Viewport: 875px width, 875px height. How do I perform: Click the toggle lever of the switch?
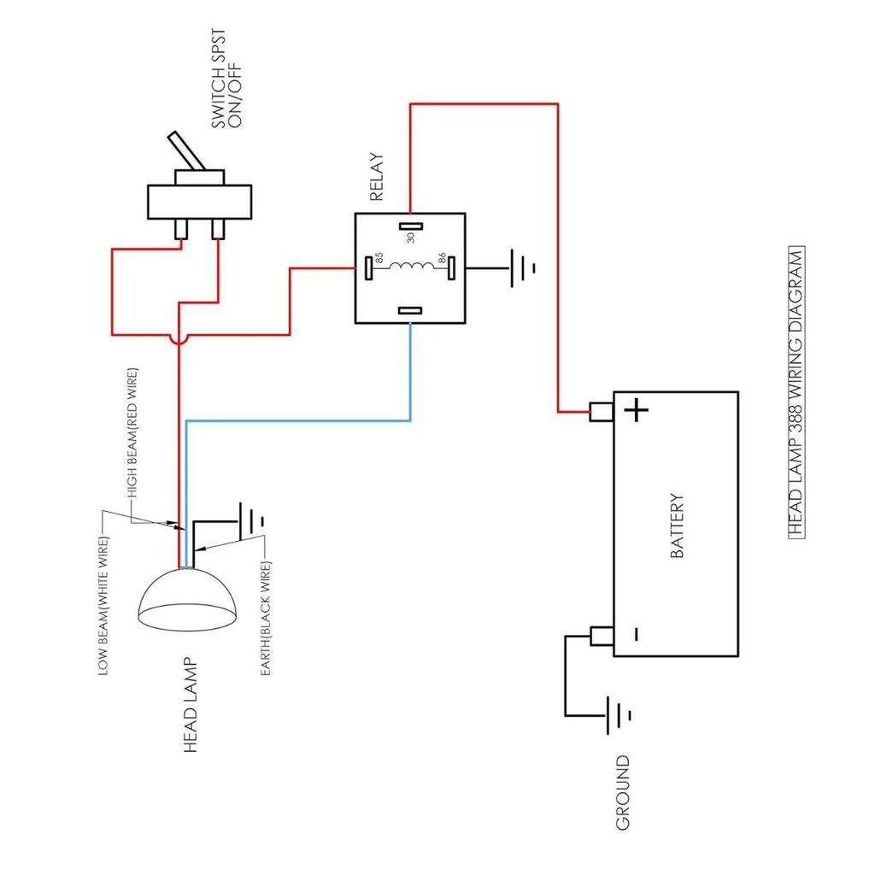pos(186,150)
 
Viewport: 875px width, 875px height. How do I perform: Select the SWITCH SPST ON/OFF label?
pos(226,79)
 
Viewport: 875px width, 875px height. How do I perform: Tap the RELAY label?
pos(377,177)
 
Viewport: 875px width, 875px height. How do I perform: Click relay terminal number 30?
pos(411,226)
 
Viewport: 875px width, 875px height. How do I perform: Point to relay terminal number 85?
pos(368,267)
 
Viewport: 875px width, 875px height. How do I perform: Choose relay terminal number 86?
pos(451,267)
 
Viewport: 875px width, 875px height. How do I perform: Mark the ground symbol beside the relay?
pos(523,268)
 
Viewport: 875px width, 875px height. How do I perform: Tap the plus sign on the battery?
pos(636,411)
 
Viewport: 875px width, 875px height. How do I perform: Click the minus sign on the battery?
pos(636,634)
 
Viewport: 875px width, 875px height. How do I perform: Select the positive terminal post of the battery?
pos(602,412)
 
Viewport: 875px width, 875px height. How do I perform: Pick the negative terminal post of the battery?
pos(602,636)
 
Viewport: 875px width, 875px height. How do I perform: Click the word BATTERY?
pos(677,526)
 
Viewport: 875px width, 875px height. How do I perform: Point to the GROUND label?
pos(623,792)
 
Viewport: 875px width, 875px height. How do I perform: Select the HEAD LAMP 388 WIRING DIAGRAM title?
pos(797,392)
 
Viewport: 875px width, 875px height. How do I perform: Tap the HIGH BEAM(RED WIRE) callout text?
pos(132,433)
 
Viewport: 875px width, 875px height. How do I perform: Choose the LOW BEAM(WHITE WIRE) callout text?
pos(103,606)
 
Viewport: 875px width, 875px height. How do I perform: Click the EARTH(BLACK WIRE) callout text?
pos(266,619)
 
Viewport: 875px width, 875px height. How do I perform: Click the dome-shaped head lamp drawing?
pos(186,600)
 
